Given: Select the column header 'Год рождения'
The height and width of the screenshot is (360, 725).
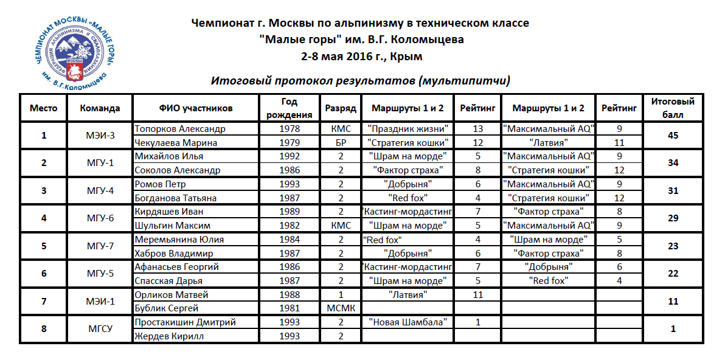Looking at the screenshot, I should [x=289, y=108].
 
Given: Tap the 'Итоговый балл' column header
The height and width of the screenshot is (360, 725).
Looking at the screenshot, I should [x=672, y=108].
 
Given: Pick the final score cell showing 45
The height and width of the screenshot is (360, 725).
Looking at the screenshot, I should [x=672, y=136].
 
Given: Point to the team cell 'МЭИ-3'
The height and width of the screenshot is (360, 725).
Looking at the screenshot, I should [x=100, y=136].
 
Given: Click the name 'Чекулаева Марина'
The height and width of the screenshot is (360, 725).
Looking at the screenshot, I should [x=176, y=143].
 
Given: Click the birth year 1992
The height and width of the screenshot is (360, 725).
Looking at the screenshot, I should [x=289, y=156].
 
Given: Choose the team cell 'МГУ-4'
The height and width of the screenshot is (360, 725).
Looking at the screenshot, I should [x=100, y=191].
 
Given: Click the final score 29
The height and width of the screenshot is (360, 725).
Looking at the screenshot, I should [x=672, y=218].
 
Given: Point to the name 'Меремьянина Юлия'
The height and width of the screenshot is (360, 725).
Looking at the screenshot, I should [x=176, y=240].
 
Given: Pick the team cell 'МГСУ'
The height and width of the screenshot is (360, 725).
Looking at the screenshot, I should [x=100, y=329].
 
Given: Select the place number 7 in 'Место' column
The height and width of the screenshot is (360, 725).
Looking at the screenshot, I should [x=44, y=302].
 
